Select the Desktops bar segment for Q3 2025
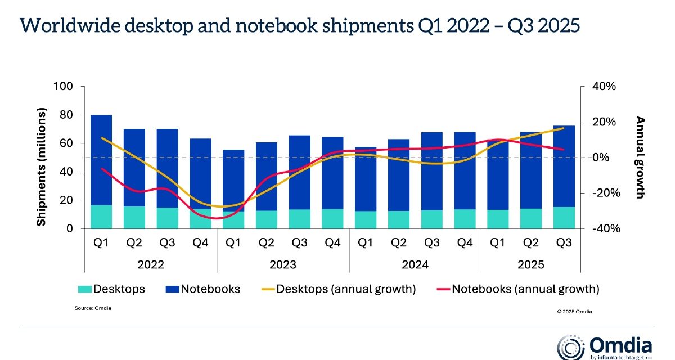pyautogui.click(x=564, y=218)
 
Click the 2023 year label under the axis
pyautogui.click(x=282, y=264)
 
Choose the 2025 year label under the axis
pyautogui.click(x=531, y=264)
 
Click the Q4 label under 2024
pyautogui.click(x=465, y=243)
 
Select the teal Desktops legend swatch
pyautogui.click(x=85, y=290)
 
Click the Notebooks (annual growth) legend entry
pyautogui.click(x=517, y=290)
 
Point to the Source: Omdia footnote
pyautogui.click(x=93, y=308)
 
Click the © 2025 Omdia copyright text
pyautogui.click(x=574, y=310)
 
